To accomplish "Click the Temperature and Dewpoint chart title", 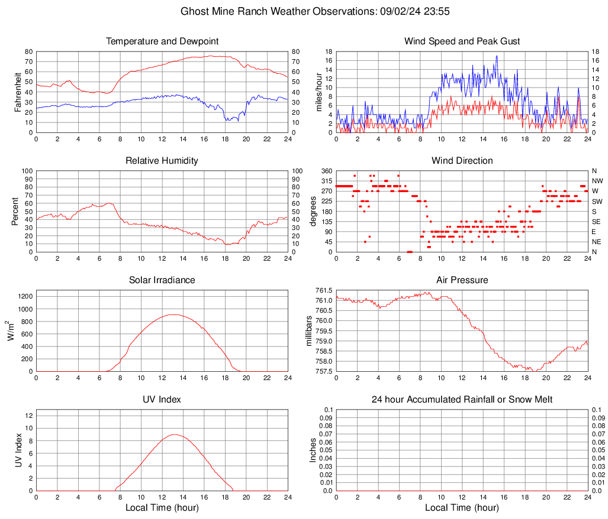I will (x=162, y=41).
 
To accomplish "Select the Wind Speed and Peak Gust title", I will (x=462, y=41).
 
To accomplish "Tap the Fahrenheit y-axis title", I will (x=17, y=92).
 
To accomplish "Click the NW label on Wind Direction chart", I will (x=597, y=181).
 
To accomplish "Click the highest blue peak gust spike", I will (x=497, y=56).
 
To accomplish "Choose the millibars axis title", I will (x=308, y=331).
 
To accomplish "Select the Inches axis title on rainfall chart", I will (x=313, y=450).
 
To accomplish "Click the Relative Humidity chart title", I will (x=162, y=161).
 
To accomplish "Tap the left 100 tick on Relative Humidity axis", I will (x=27, y=171).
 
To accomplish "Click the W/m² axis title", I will (x=11, y=331).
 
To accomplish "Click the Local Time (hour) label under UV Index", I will (x=162, y=508).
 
